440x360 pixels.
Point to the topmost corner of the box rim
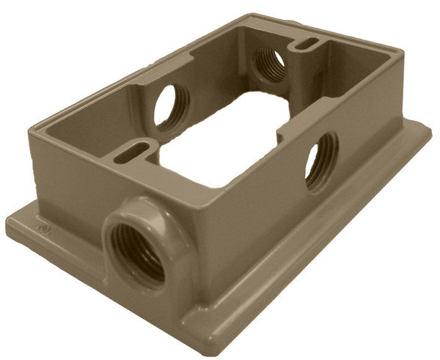click(243, 15)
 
